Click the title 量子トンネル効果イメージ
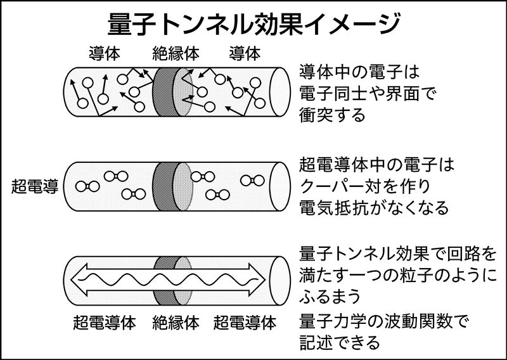pos(253,24)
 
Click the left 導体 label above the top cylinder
pos(105,55)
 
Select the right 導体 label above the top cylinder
pos(244,55)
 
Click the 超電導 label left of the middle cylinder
pos(34,186)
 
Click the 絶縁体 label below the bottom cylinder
pos(176,323)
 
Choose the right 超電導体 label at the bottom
pos(245,323)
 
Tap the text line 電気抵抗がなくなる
pos(374,208)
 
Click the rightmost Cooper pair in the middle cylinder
pos(249,181)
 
